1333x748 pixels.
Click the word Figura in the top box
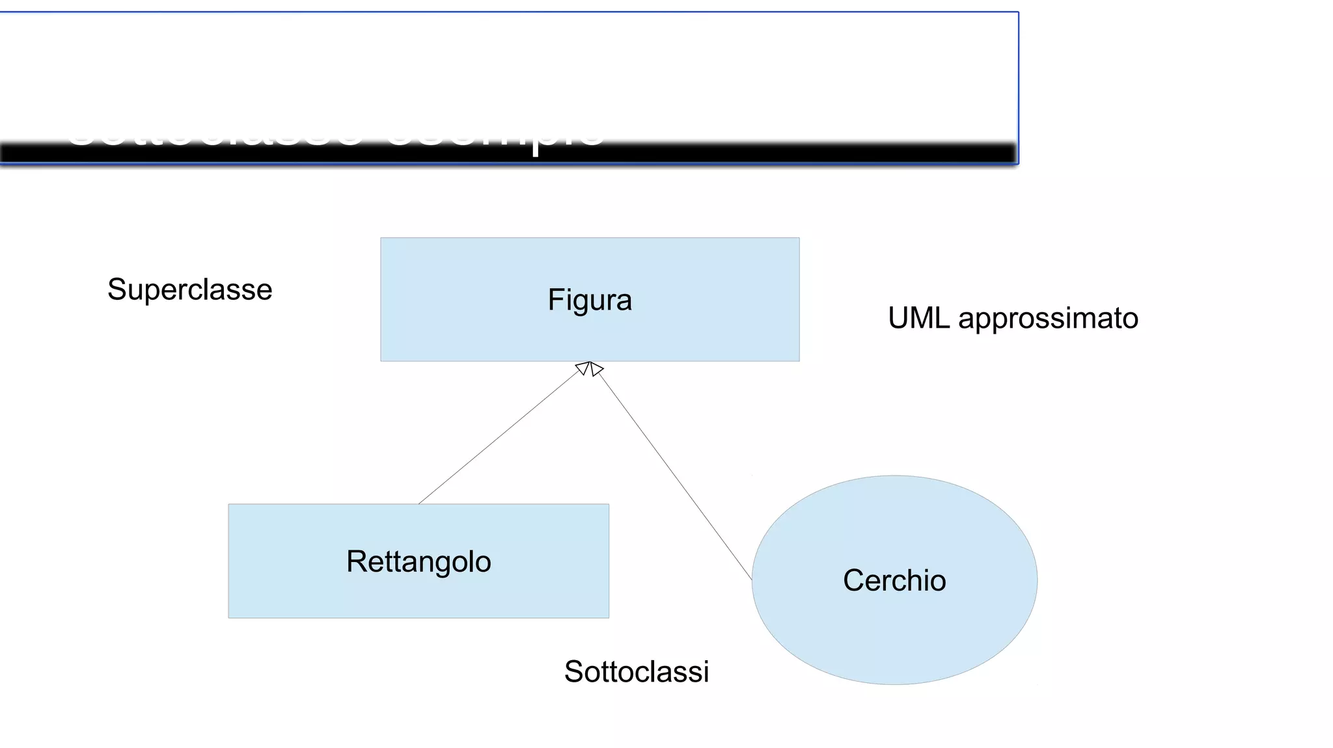(x=590, y=301)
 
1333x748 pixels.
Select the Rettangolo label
(x=419, y=562)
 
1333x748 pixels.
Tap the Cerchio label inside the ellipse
(x=894, y=580)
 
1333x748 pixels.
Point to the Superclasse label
(x=189, y=289)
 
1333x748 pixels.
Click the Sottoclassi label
(x=636, y=672)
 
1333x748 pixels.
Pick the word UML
(x=918, y=319)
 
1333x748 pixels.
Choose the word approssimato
(x=1048, y=319)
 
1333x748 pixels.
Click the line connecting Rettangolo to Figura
(x=498, y=439)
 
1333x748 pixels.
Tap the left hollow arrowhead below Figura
(x=583, y=369)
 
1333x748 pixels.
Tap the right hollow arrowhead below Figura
(x=596, y=369)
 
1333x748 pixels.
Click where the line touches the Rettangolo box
(x=419, y=503)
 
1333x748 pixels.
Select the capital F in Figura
(x=555, y=301)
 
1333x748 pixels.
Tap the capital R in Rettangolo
(x=356, y=562)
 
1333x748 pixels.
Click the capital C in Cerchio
(x=853, y=580)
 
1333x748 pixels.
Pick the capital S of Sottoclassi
(x=573, y=672)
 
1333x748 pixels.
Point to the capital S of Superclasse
(x=117, y=289)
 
